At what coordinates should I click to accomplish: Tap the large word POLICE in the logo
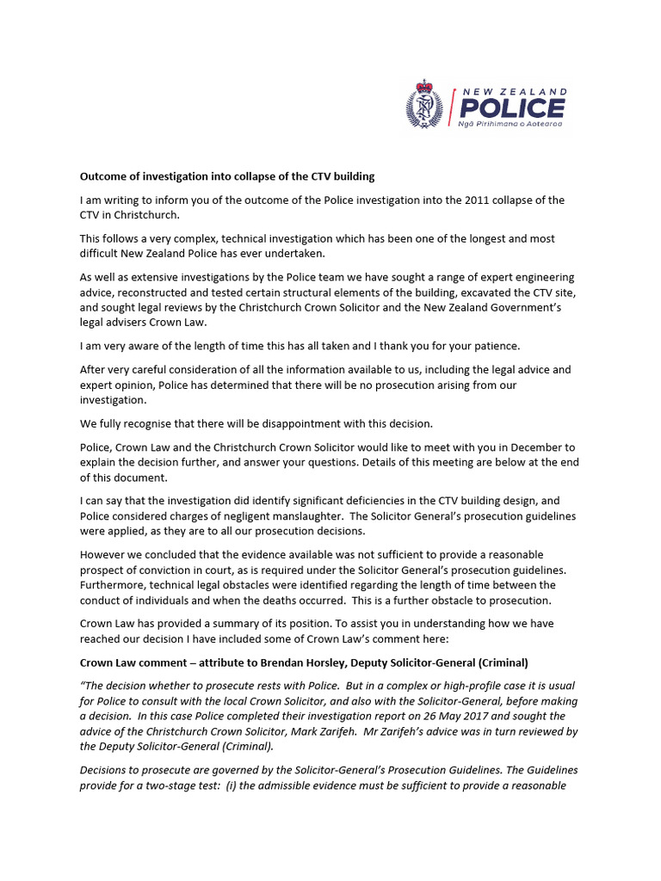tap(511, 108)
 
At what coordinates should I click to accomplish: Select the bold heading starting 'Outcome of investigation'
tap(227, 176)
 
